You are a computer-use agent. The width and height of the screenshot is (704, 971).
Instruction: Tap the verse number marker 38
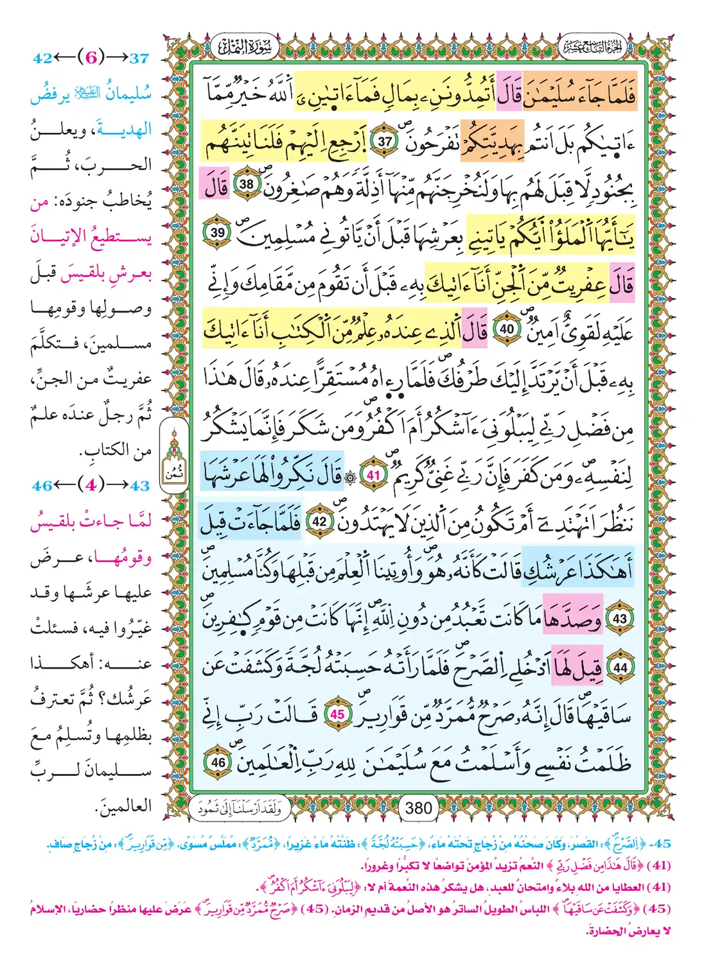pyautogui.click(x=247, y=184)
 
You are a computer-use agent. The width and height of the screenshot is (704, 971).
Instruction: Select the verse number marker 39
pyautogui.click(x=218, y=232)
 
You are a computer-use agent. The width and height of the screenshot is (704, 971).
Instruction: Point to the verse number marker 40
pyautogui.click(x=507, y=329)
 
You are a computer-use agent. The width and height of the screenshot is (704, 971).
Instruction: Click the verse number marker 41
pyautogui.click(x=374, y=476)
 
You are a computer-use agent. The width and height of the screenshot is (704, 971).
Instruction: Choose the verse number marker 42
pyautogui.click(x=319, y=522)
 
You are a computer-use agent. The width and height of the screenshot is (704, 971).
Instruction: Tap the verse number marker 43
pyautogui.click(x=620, y=619)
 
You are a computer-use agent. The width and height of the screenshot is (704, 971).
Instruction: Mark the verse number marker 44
pyautogui.click(x=620, y=667)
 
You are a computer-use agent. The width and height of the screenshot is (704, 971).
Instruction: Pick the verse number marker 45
pyautogui.click(x=337, y=714)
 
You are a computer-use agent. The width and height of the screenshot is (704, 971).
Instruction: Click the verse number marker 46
pyautogui.click(x=218, y=762)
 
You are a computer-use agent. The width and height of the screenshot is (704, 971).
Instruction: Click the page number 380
pyautogui.click(x=419, y=808)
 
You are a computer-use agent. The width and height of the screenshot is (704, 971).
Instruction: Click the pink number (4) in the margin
pyautogui.click(x=91, y=485)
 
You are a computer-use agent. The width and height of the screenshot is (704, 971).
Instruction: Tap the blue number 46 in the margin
pyautogui.click(x=42, y=486)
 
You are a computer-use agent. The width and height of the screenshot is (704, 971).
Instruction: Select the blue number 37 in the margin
pyautogui.click(x=139, y=58)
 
